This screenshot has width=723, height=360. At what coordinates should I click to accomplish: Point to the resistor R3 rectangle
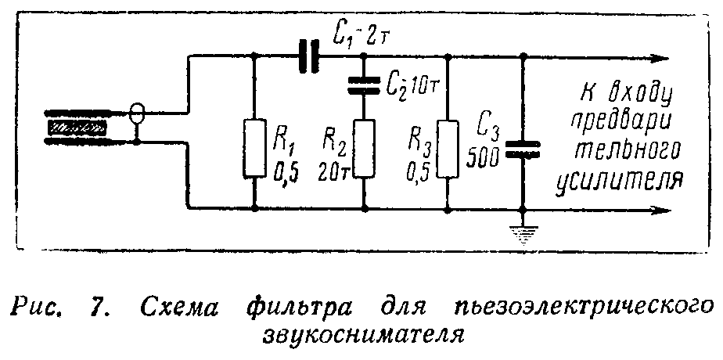click(x=446, y=148)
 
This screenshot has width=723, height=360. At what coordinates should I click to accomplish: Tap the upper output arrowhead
click(x=661, y=57)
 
